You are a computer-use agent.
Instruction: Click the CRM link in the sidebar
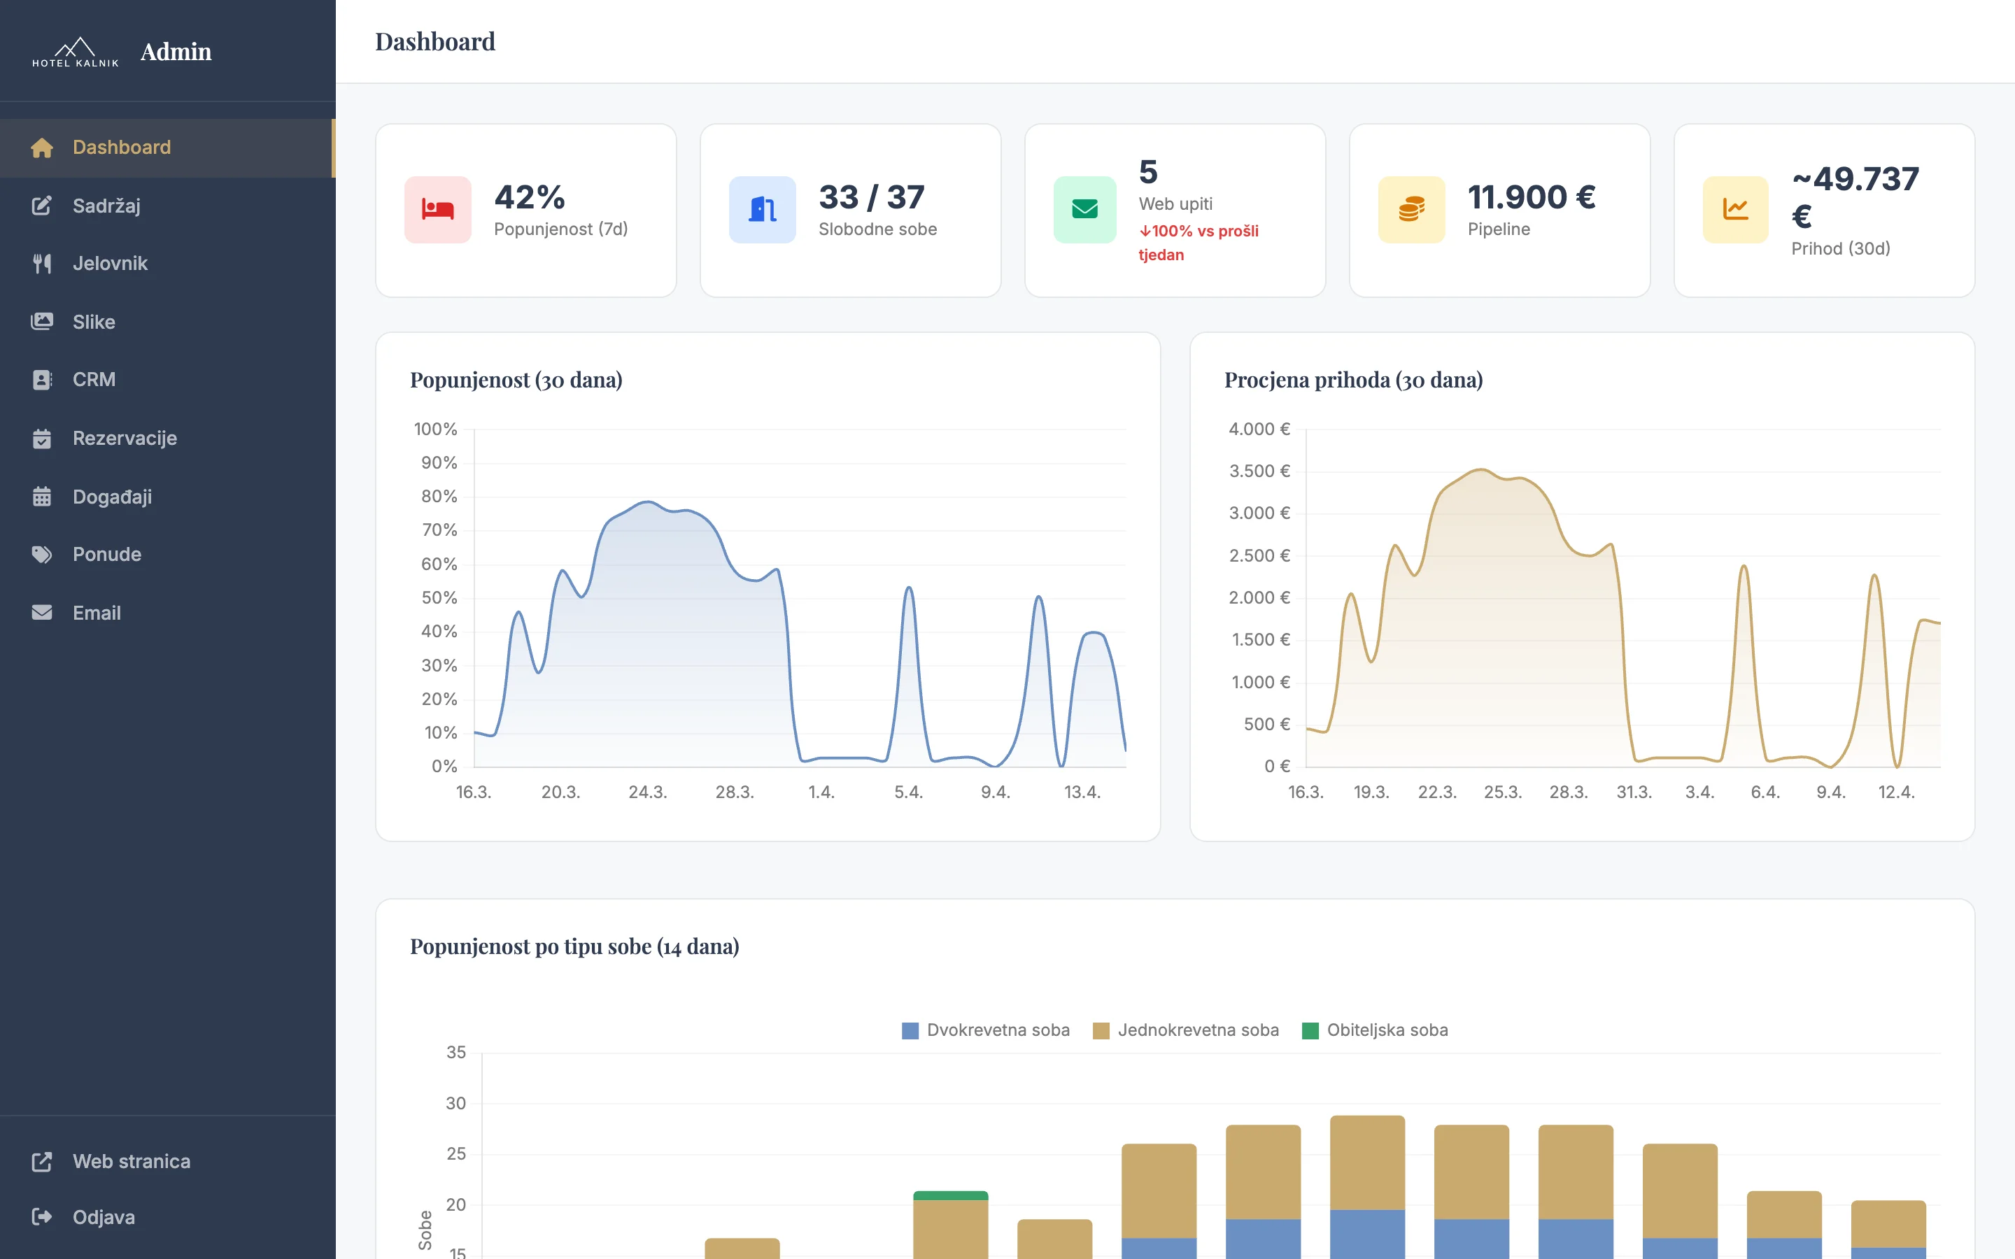pyautogui.click(x=93, y=380)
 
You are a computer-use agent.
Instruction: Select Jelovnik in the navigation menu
pyautogui.click(x=109, y=263)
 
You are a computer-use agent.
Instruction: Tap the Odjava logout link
pyautogui.click(x=104, y=1216)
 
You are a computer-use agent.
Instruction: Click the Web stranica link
pyautogui.click(x=131, y=1161)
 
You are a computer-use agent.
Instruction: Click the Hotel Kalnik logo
pyautogui.click(x=75, y=52)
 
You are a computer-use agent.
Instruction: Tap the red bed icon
pyautogui.click(x=437, y=210)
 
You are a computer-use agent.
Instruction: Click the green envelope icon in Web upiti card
pyautogui.click(x=1084, y=210)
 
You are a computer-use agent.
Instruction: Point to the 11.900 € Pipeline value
pyautogui.click(x=1530, y=197)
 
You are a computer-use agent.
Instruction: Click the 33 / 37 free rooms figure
pyautogui.click(x=871, y=197)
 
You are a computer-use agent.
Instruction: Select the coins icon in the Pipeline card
pyautogui.click(x=1410, y=210)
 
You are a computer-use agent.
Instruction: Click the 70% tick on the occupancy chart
pyautogui.click(x=439, y=529)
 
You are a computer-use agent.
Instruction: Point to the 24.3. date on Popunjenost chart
pyautogui.click(x=647, y=792)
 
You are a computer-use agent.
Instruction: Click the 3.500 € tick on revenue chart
pyautogui.click(x=1258, y=471)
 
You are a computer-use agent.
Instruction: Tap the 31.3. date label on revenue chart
pyautogui.click(x=1633, y=792)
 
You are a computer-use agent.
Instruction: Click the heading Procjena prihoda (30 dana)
pyautogui.click(x=1353, y=380)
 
